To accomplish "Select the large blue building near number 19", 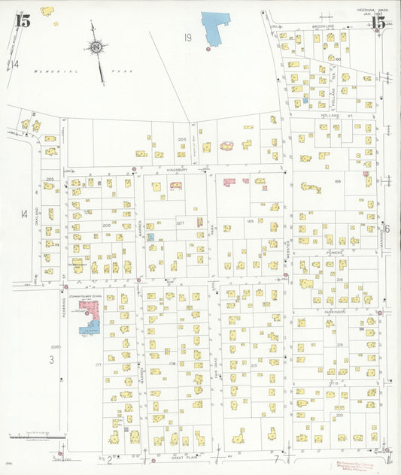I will pyautogui.click(x=215, y=28).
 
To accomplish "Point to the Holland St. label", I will pyautogui.click(x=330, y=116).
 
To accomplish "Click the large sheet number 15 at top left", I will pyautogui.click(x=23, y=21).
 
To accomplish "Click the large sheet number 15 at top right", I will pyautogui.click(x=378, y=23).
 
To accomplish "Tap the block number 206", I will pyautogui.click(x=107, y=225).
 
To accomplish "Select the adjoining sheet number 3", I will pyautogui.click(x=51, y=360).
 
